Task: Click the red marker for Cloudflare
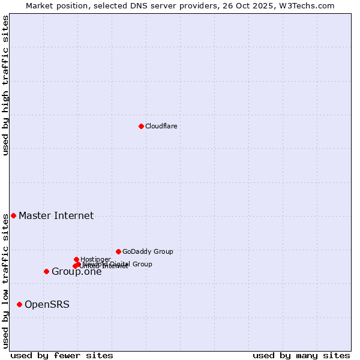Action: (x=141, y=126)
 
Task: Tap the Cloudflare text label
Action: (x=161, y=126)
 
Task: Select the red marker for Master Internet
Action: (x=13, y=215)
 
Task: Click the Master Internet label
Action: (x=56, y=215)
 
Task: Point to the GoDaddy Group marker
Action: (x=118, y=251)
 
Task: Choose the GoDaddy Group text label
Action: (x=148, y=251)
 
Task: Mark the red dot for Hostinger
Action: (x=76, y=259)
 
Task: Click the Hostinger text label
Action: (x=95, y=259)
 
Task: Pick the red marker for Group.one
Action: (x=46, y=271)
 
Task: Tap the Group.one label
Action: (x=76, y=272)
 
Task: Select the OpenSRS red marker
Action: (x=19, y=304)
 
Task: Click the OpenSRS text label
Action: (x=47, y=304)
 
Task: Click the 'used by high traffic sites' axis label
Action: (x=5, y=85)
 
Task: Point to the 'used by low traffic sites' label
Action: (x=5, y=280)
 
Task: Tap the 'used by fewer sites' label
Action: (x=62, y=355)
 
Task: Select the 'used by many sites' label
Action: (x=301, y=355)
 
